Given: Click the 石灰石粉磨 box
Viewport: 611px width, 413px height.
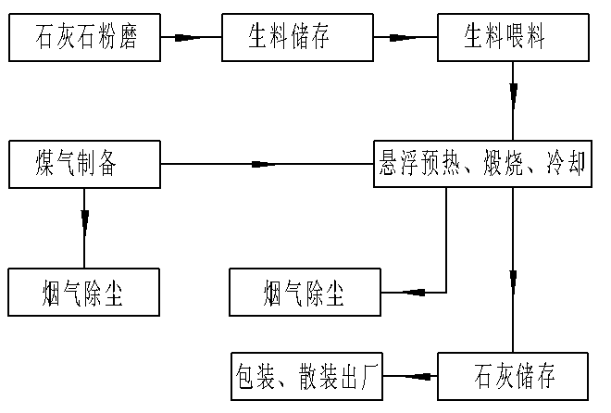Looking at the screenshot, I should [x=83, y=37].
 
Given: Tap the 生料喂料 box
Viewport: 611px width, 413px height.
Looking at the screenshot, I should [x=514, y=37].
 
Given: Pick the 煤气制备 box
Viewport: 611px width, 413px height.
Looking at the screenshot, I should [x=83, y=164].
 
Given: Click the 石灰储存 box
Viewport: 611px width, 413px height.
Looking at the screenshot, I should [x=514, y=376].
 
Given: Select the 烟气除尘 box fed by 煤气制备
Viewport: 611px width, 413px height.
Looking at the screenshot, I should [x=83, y=293].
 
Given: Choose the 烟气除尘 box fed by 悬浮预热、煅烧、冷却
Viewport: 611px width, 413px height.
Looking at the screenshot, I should [x=305, y=293].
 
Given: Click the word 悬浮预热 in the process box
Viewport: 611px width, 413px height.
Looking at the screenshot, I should [x=413, y=164].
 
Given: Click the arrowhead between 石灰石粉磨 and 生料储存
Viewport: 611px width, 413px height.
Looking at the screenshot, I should [x=189, y=37].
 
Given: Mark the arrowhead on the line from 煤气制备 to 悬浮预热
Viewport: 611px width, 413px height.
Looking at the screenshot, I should [x=264, y=165].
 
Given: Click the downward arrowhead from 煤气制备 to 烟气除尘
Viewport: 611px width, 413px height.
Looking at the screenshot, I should [x=84, y=221].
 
